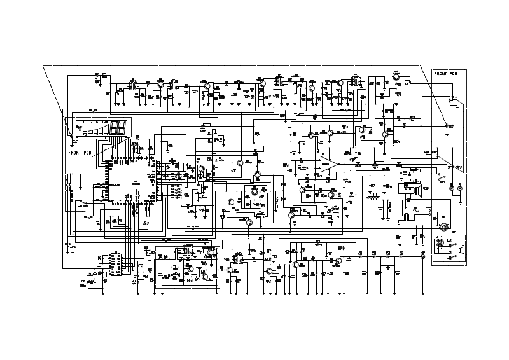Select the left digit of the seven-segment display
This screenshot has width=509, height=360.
point(114,129)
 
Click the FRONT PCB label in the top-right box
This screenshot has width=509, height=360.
point(445,74)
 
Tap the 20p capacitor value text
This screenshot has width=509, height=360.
point(83,287)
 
